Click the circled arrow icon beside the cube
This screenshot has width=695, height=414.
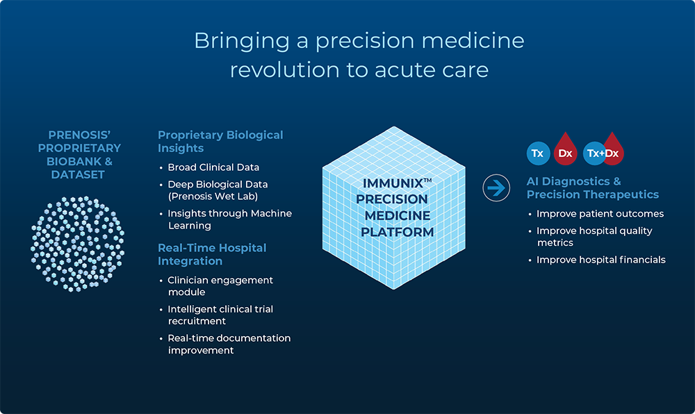pyautogui.click(x=496, y=188)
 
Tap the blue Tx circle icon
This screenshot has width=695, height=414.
pyautogui.click(x=538, y=154)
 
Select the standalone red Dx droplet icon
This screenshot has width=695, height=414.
pyautogui.click(x=565, y=149)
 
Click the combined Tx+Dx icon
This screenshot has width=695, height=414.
pyautogui.click(x=603, y=149)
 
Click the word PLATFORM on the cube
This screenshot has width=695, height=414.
pyautogui.click(x=397, y=232)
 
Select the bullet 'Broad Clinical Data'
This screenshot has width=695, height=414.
pyautogui.click(x=213, y=167)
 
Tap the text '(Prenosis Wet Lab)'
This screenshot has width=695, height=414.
pyautogui.click(x=213, y=196)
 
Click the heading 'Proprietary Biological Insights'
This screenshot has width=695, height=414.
pyautogui.click(x=220, y=141)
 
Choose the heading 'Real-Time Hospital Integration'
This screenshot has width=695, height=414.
pyautogui.click(x=212, y=254)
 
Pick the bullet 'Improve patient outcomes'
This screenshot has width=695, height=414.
pyautogui.click(x=600, y=214)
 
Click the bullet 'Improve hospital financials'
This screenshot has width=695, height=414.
pyautogui.click(x=601, y=260)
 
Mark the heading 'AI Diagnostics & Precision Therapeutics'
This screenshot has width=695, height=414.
pyautogui.click(x=593, y=188)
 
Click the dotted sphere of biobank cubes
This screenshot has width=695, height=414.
pyautogui.click(x=78, y=244)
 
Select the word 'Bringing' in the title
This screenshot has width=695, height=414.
pyautogui.click(x=242, y=41)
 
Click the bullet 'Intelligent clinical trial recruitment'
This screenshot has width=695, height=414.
pyautogui.click(x=220, y=315)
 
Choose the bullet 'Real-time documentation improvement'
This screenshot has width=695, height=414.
pyautogui.click(x=229, y=344)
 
